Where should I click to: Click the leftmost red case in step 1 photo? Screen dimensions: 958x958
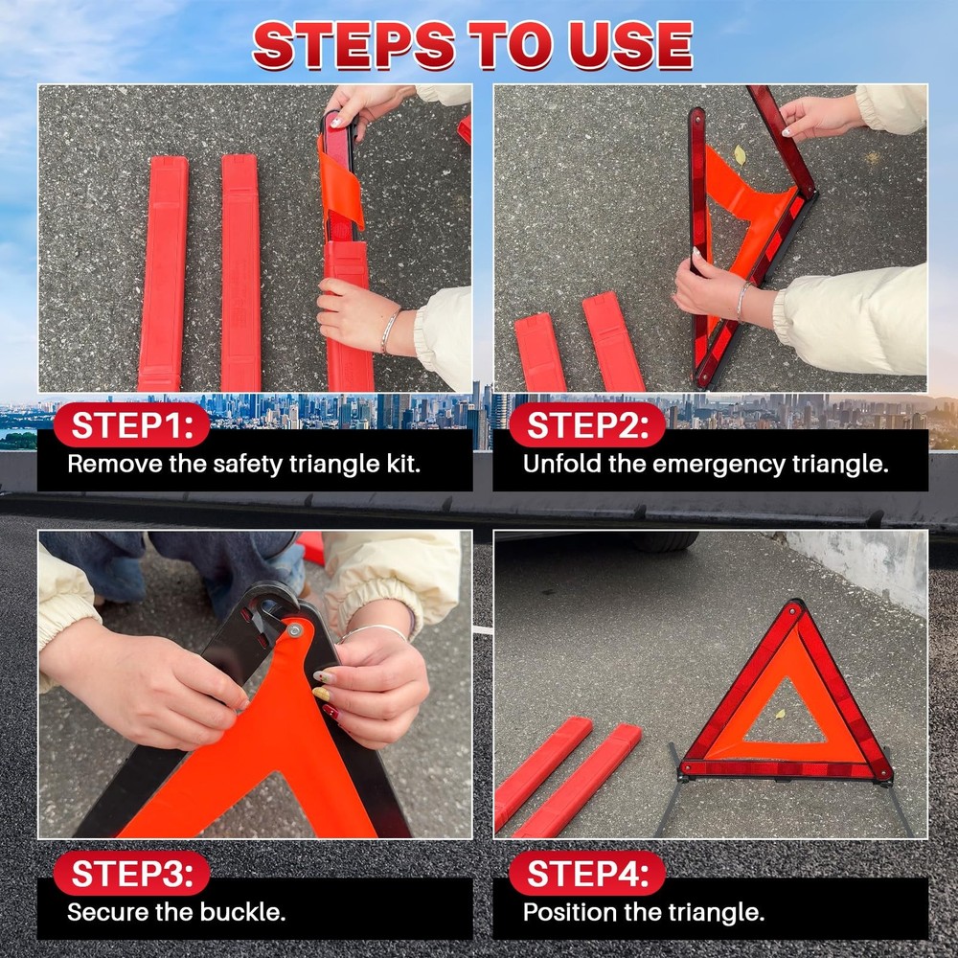click(163, 273)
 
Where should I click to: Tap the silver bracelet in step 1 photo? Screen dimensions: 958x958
click(389, 331)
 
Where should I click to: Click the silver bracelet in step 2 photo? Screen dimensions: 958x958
click(742, 300)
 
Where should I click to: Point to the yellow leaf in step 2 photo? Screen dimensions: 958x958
click(740, 155)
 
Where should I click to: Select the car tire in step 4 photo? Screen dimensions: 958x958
click(664, 541)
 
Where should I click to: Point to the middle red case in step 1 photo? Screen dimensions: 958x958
click(240, 273)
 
